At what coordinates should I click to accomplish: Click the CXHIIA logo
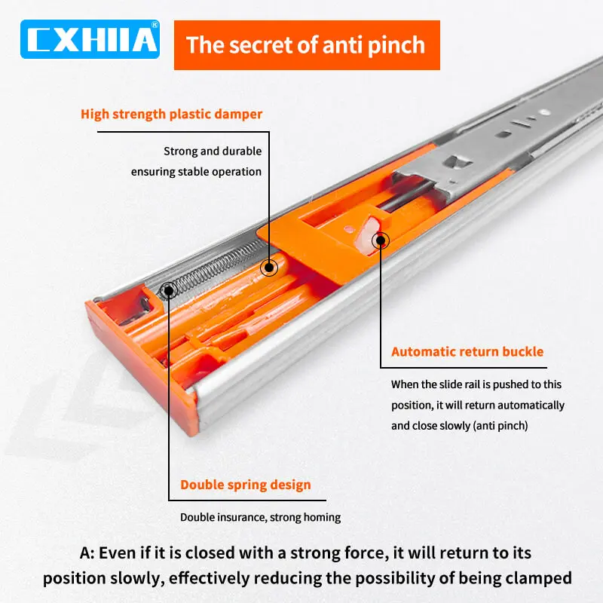pyautogui.click(x=90, y=38)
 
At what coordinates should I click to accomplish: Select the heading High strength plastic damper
pyautogui.click(x=172, y=115)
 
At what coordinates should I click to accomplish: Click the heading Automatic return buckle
pyautogui.click(x=467, y=351)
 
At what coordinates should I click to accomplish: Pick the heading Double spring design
pyautogui.click(x=245, y=484)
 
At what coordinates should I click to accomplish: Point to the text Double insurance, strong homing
pyautogui.click(x=260, y=517)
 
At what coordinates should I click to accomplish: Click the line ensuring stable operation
pyautogui.click(x=196, y=171)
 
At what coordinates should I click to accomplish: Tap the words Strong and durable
pyautogui.click(x=213, y=152)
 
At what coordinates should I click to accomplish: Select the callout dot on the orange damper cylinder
pyautogui.click(x=268, y=267)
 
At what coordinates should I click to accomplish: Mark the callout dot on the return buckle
pyautogui.click(x=381, y=241)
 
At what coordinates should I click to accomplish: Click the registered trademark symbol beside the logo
pyautogui.click(x=155, y=25)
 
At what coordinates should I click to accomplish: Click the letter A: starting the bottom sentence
pyautogui.click(x=87, y=552)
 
